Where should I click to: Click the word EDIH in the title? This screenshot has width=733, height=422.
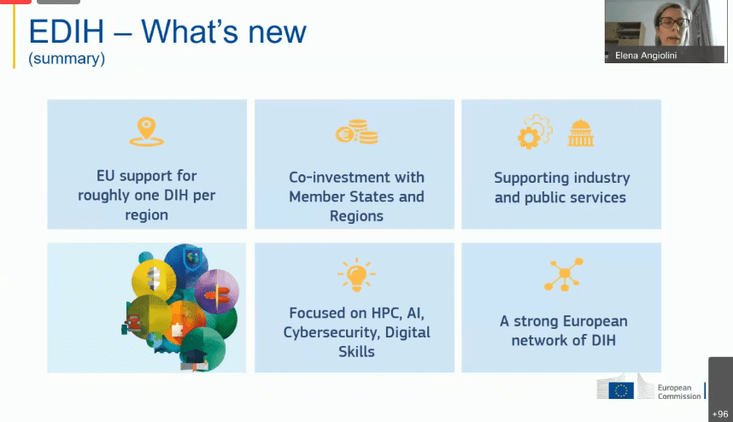coord(67,32)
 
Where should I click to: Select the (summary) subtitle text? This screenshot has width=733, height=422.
coord(67,59)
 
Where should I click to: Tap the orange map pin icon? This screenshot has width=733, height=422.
coord(146,132)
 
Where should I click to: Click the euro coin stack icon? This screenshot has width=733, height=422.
coord(357,132)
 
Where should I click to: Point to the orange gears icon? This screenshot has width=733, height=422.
coord(535,132)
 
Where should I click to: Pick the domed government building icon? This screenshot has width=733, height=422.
coord(581,133)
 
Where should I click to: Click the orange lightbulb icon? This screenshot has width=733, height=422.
coord(356,275)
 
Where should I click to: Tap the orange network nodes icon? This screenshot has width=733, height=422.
coord(564,274)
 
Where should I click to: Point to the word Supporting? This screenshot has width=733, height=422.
coord(531,179)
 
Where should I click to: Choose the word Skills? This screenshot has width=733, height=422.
coord(357,351)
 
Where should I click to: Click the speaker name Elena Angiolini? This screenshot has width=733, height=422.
coord(646,56)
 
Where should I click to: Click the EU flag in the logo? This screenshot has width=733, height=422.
coord(621,390)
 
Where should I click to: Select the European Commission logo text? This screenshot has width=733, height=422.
coord(679,391)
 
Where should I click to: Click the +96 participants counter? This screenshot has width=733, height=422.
coord(720,414)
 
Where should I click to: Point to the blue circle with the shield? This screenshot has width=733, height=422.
coord(187,265)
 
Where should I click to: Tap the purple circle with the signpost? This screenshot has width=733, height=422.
coord(216,291)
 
